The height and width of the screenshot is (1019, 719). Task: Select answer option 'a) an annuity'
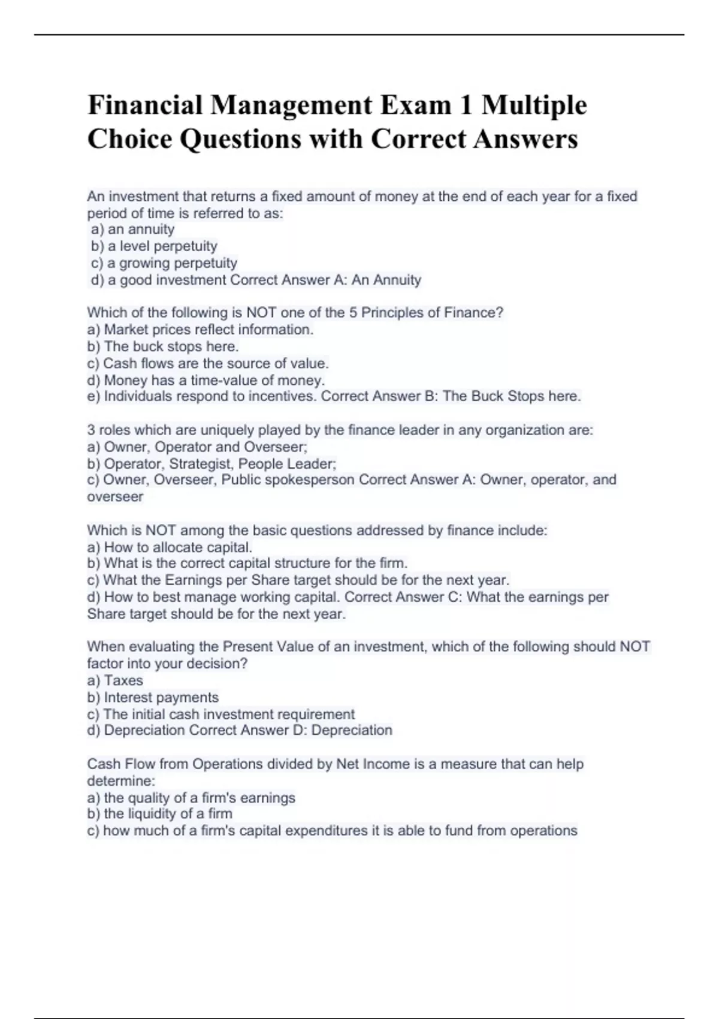(x=132, y=230)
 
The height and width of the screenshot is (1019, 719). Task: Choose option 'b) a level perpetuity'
(x=154, y=246)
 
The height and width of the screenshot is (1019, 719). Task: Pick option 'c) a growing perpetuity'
(x=164, y=263)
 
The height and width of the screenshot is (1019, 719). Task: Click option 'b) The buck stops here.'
(x=163, y=346)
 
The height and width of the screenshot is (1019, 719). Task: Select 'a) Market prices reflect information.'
(x=200, y=330)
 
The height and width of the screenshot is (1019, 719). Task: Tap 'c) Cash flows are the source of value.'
(x=208, y=363)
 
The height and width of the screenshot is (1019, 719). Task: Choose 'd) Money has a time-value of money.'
(x=206, y=380)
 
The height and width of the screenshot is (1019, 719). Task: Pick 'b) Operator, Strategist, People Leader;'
(x=212, y=464)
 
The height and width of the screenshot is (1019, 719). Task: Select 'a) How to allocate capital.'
(x=170, y=547)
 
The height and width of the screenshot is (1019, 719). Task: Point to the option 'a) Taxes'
(x=115, y=681)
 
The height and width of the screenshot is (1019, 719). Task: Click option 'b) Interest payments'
(x=153, y=698)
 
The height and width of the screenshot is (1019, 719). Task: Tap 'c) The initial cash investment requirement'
(x=221, y=714)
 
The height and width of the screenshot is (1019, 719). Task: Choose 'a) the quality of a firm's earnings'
(x=191, y=798)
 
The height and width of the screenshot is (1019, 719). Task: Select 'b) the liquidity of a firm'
(x=159, y=814)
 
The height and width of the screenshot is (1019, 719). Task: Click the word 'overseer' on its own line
(x=115, y=497)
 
